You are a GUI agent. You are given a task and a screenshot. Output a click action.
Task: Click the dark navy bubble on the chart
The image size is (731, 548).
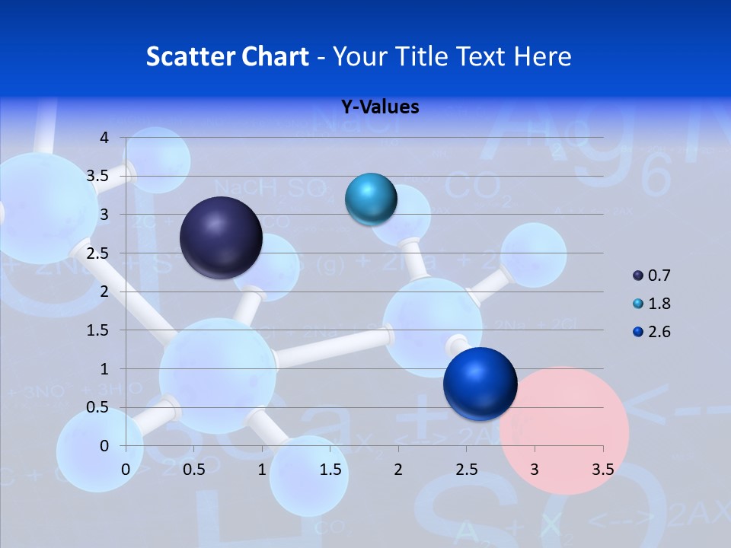(222, 237)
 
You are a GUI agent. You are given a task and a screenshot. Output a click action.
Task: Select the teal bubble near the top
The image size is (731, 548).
(371, 199)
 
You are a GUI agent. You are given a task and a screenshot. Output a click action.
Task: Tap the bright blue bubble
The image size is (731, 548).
(480, 384)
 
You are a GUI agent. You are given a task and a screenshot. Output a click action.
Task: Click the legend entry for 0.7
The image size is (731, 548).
(653, 276)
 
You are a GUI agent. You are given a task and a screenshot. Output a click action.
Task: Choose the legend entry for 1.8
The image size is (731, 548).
(653, 304)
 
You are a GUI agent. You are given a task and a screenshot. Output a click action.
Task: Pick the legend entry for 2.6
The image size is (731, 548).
(653, 332)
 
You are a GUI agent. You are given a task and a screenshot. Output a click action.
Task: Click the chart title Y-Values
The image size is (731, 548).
(379, 107)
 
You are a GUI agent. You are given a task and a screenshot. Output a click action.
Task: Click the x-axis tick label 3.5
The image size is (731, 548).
(602, 470)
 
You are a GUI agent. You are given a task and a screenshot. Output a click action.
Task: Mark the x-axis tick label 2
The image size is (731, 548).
(398, 470)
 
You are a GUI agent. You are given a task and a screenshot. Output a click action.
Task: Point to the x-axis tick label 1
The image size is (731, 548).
(262, 470)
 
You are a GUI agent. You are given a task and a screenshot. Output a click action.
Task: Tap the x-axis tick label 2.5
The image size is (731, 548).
(466, 470)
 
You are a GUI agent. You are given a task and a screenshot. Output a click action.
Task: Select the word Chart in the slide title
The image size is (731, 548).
(276, 56)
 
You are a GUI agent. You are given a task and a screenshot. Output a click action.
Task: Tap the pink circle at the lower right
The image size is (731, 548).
(565, 431)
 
